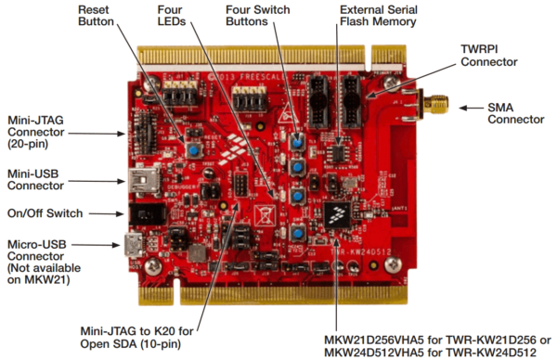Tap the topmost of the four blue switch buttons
pos(298,140)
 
